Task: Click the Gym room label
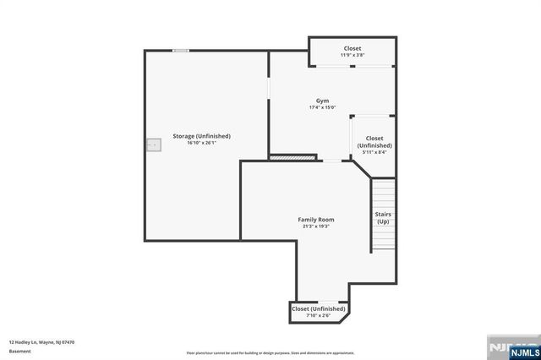(323, 101)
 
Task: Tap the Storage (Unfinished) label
(202, 135)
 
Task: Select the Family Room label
(315, 219)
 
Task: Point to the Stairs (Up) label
(383, 217)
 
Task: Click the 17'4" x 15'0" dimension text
(323, 107)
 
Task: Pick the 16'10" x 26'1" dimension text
(202, 143)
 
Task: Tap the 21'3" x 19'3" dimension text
(315, 226)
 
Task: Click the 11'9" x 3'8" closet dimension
(352, 55)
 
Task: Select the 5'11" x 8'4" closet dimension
(374, 152)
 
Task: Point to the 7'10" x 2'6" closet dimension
(319, 316)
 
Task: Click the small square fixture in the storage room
(153, 145)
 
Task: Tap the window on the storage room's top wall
(180, 51)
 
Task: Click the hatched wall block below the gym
(292, 156)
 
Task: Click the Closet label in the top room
(352, 48)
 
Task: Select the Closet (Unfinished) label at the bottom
(319, 309)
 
